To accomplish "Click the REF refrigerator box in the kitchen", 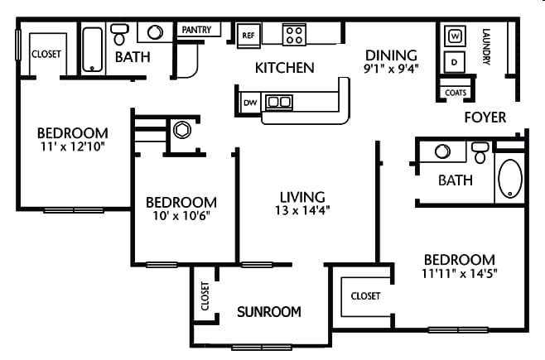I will (248, 35).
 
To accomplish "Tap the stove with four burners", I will (293, 34).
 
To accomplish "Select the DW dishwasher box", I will (249, 103).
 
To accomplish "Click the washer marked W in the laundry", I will (455, 36).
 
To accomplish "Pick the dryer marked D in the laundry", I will (455, 61).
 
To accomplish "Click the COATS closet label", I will (455, 93).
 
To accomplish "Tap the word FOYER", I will (485, 118).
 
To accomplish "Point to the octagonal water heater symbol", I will (181, 130).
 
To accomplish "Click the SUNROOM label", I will (268, 312).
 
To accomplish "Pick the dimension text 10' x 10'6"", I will (181, 218).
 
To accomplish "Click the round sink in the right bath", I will (441, 152).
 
